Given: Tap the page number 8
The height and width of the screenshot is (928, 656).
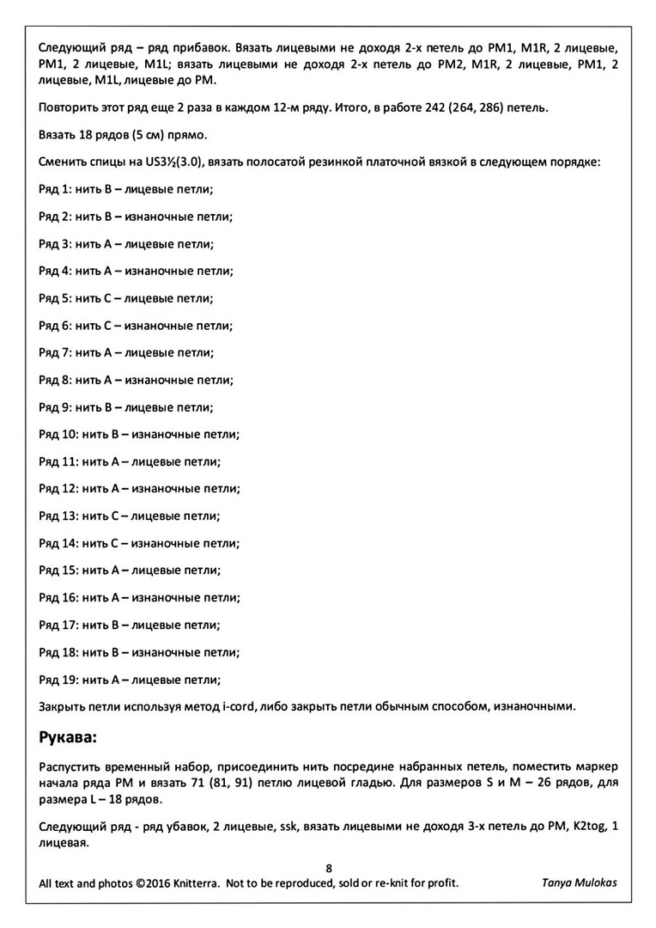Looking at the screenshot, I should point(329,868).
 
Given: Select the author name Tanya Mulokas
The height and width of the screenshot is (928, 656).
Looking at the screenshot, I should point(579,882).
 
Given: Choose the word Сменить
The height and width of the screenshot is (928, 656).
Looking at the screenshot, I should point(66,162).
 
